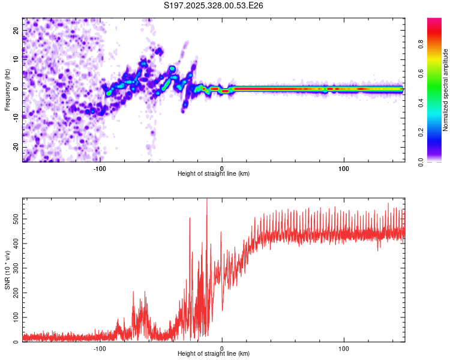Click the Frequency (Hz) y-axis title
pos(7,90)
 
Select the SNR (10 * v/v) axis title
pos(7,270)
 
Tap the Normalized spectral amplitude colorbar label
pos(446,90)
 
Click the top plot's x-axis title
pos(214,173)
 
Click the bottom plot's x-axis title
pos(214,354)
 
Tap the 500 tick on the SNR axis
pos(16,220)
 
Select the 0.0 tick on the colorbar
pos(422,161)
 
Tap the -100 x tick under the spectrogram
pos(100,168)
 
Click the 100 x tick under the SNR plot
pos(344,348)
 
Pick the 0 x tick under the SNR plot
pos(222,348)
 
